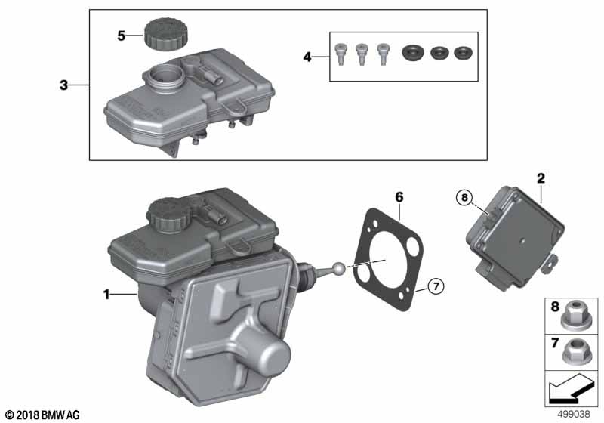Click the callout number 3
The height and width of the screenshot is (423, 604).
[x=64, y=85]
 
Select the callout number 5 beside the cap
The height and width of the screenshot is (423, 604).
[x=120, y=35]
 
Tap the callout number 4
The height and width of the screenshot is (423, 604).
[x=307, y=56]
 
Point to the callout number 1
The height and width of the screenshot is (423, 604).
[x=107, y=295]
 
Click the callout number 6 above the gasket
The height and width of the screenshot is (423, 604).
[x=399, y=198]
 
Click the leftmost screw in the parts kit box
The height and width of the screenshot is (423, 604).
[x=341, y=54]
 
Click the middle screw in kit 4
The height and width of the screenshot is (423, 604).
[x=362, y=54]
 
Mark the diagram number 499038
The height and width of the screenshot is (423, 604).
[x=574, y=415]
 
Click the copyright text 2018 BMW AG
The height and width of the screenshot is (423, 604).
[x=41, y=415]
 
